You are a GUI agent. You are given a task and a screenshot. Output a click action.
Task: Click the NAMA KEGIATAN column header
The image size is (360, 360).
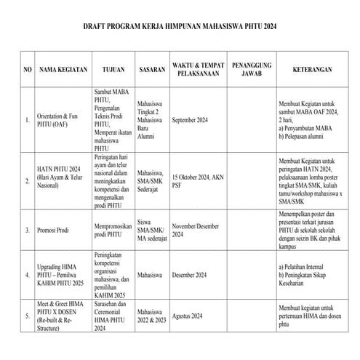click(63, 71)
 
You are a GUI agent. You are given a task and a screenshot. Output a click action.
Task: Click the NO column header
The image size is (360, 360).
click(28, 71)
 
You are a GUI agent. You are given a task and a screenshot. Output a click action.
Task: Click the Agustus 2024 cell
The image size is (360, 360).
click(188, 316)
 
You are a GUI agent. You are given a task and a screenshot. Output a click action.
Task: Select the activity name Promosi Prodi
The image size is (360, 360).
click(54, 230)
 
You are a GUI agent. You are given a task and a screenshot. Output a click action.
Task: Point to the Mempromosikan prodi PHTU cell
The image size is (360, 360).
click(113, 231)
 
